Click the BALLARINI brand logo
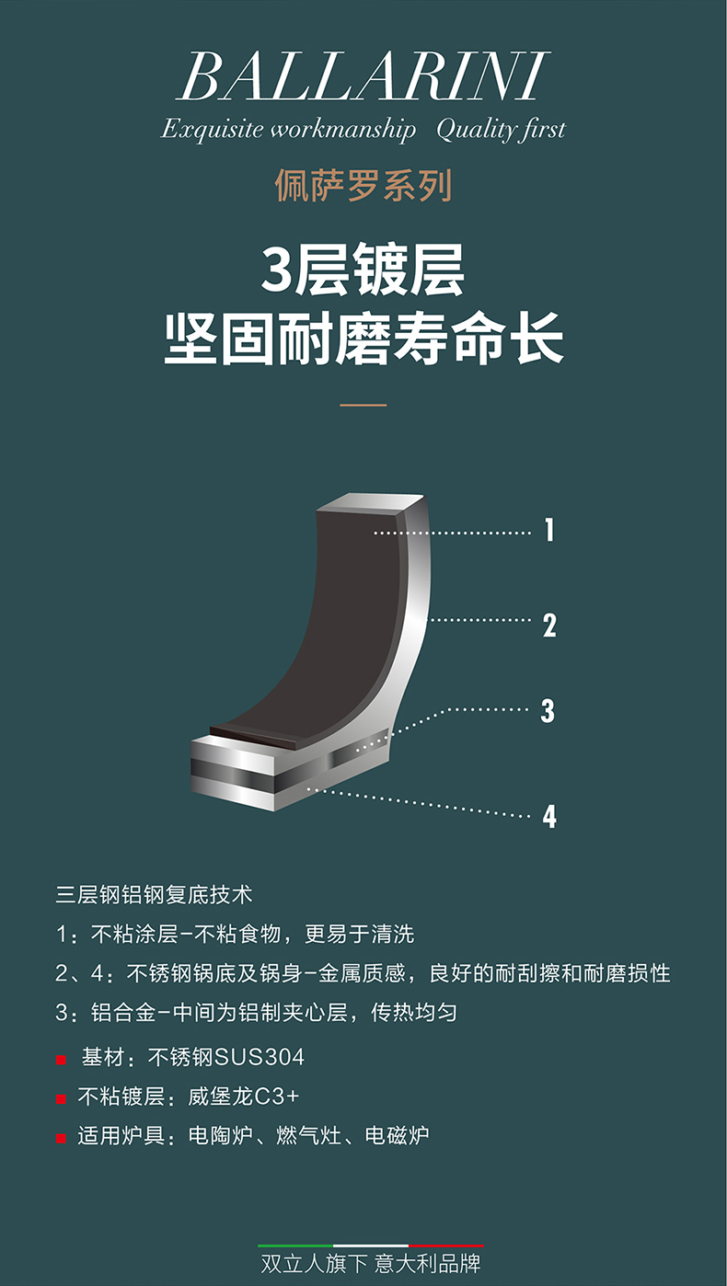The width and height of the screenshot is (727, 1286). tap(363, 77)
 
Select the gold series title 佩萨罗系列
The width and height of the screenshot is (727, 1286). tap(363, 186)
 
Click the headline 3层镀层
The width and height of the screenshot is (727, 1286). tap(363, 270)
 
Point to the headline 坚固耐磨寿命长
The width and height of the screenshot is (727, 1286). tap(363, 339)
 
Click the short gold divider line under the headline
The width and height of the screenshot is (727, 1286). tap(363, 405)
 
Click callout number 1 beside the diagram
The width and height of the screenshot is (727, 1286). tap(549, 529)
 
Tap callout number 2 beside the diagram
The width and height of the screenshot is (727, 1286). tap(549, 626)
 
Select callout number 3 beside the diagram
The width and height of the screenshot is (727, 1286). tap(548, 711)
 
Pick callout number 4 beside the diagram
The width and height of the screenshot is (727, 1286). tap(549, 816)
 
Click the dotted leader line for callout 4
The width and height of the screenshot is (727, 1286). tap(420, 803)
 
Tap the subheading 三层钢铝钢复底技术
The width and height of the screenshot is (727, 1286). tap(154, 895)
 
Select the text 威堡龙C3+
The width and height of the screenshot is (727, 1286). tap(244, 1097)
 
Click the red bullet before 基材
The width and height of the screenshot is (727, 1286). tap(61, 1060)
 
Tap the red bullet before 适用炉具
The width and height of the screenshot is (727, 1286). tap(61, 1139)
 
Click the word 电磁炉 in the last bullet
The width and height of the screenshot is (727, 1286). tap(398, 1135)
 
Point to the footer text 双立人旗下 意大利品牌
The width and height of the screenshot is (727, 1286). tap(370, 1264)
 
